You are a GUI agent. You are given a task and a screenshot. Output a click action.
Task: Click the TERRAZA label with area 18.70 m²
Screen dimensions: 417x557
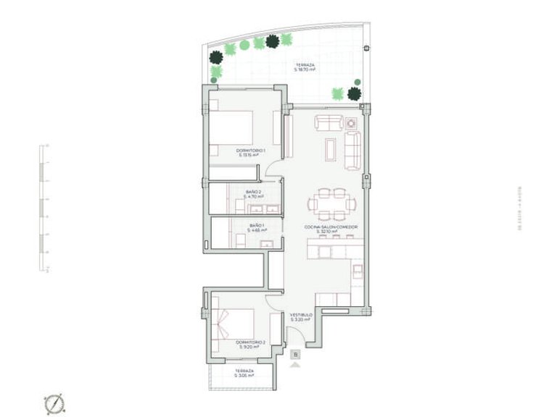305,67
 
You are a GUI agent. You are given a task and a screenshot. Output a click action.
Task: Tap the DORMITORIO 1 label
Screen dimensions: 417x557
251,152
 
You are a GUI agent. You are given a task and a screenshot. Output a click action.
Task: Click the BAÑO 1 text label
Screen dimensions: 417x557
255,228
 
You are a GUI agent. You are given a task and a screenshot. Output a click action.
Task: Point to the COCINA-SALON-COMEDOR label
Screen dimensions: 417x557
331,229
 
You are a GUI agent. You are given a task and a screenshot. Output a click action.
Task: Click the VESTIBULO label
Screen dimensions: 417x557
301,317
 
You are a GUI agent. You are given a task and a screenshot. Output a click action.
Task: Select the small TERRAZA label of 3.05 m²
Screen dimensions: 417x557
244,372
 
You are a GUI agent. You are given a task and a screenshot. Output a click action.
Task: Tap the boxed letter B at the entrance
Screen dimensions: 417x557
294,355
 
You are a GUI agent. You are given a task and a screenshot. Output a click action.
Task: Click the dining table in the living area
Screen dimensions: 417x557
331,203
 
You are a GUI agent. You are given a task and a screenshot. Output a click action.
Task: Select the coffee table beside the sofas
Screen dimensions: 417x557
331,148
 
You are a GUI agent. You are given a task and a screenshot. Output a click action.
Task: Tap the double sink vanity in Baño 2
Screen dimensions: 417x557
264,209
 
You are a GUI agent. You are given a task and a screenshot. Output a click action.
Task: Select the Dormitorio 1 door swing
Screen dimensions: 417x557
273,170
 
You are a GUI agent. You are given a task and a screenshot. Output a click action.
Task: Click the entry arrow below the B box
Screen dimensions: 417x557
294,366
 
